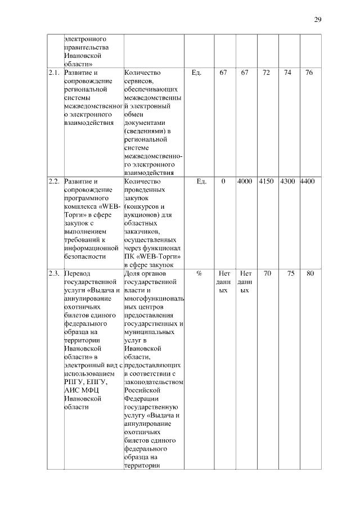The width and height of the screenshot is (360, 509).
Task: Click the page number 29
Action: pos(317,20)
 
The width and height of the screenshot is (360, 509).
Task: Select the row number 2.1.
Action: pos(54,73)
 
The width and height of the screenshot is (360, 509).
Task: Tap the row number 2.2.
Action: pos(54,182)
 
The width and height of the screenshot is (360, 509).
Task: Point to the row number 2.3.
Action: pos(54,273)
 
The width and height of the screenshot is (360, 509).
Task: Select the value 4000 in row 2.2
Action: pos(245,182)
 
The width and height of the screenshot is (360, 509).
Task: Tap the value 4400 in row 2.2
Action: pos(308,182)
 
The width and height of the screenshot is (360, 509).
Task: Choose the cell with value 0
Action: pos(223,182)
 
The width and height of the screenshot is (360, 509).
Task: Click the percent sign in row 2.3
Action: pos(200,273)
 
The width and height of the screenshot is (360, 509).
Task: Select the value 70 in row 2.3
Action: pos(267,273)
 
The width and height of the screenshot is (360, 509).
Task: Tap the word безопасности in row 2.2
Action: pos(85,256)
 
